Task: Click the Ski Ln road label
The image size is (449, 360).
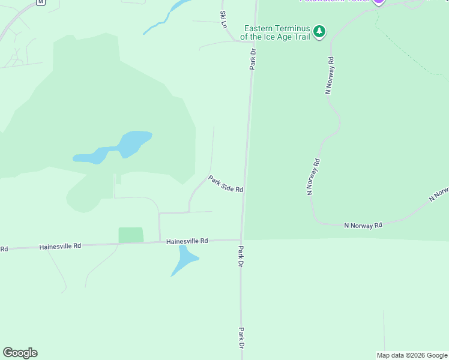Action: click(x=224, y=19)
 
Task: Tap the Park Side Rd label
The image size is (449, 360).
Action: click(x=226, y=184)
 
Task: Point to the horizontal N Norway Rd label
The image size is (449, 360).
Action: click(x=363, y=226)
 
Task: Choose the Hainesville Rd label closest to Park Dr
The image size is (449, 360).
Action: click(x=187, y=241)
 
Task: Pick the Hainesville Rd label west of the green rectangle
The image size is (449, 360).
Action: click(x=59, y=246)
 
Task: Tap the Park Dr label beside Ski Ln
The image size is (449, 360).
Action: click(x=253, y=59)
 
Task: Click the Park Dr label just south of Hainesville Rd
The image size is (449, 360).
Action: click(x=241, y=256)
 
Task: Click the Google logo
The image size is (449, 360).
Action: click(x=20, y=353)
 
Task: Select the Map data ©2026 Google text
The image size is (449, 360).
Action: click(x=411, y=355)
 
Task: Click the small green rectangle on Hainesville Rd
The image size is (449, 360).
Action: click(x=131, y=235)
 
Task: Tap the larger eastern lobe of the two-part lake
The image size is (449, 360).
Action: click(x=133, y=143)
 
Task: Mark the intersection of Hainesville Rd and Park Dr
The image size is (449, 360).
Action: click(x=241, y=240)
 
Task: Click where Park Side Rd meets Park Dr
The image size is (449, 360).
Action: click(x=244, y=193)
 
